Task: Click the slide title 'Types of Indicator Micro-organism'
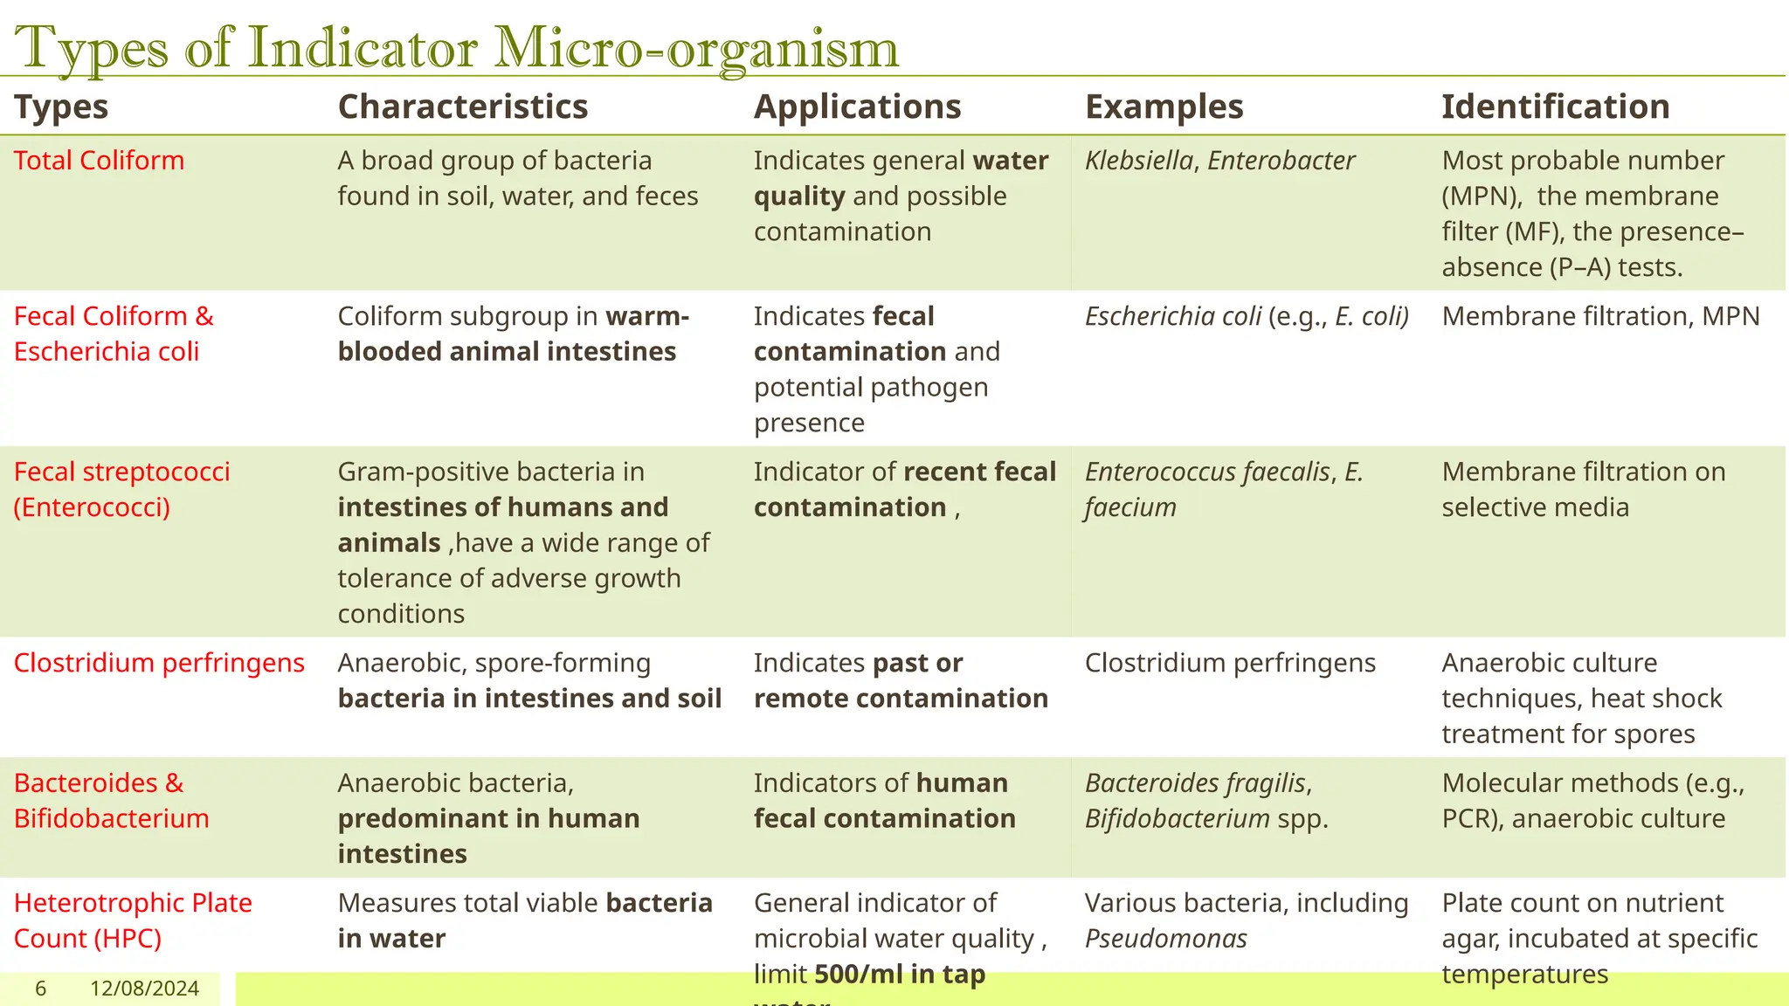456,47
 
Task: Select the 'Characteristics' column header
462,107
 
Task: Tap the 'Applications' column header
857,107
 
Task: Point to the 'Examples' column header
1164,107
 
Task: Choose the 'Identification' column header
1555,107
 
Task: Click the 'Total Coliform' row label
99,161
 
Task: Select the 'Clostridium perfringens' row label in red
159,663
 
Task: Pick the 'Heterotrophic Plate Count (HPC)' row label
133,920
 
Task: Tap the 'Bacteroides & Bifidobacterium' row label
111,801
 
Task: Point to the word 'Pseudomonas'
1165,939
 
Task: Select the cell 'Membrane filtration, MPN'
1600,316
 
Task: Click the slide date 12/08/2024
144,989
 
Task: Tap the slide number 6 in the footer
40,989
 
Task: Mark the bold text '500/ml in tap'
900,975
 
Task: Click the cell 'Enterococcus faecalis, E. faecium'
1223,490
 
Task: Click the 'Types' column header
61,107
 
